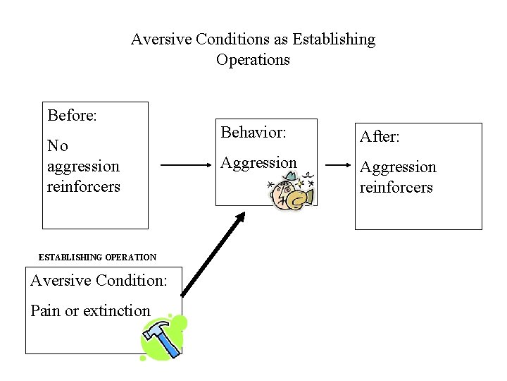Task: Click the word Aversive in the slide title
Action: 158,40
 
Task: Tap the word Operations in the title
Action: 253,60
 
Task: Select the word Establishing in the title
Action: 334,40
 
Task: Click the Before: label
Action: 72,115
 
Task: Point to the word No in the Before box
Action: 58,146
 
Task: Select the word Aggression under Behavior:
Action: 259,163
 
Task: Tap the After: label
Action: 380,137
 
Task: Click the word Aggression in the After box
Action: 398,167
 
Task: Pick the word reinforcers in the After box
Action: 396,187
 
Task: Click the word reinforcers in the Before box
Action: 84,187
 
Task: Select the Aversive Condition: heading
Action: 99,281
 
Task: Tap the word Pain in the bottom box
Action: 46,310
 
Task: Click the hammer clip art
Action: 163,338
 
